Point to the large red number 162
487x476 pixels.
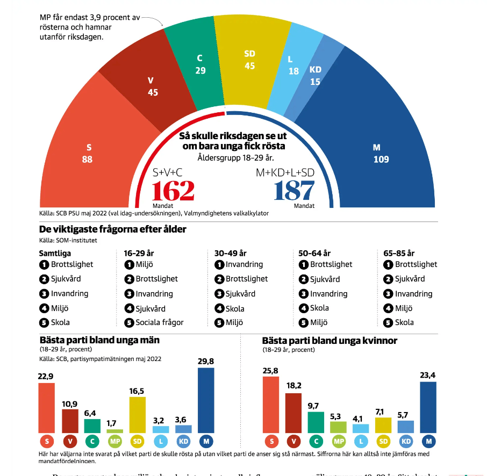[173, 191]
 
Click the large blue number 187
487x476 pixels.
[293, 191]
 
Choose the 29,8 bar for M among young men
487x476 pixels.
[206, 400]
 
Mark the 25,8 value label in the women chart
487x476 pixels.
[270, 370]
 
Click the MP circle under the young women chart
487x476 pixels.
[338, 442]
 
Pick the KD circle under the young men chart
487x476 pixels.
[183, 442]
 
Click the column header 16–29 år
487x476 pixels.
[139, 253]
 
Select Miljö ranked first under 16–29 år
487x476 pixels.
[145, 264]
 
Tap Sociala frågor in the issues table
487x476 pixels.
[159, 323]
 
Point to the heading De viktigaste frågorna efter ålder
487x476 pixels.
[113, 229]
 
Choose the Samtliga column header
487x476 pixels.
[55, 253]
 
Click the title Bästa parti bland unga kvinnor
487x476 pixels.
[330, 341]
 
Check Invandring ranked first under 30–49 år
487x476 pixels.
[244, 264]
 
